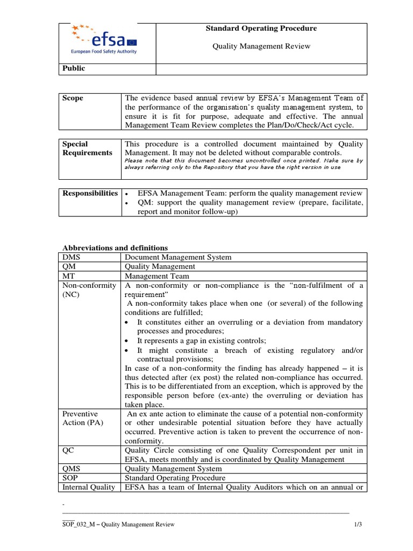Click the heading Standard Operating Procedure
[261, 29]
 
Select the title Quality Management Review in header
[261, 46]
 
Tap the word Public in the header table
[74, 68]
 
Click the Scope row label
[73, 98]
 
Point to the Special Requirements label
[87, 149]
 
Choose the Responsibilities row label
[90, 193]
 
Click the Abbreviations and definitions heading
[115, 248]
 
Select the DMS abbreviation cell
[71, 257]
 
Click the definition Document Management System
[178, 257]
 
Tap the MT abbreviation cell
[68, 275]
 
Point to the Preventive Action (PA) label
[81, 418]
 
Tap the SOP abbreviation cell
[70, 478]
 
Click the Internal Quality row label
[89, 487]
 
